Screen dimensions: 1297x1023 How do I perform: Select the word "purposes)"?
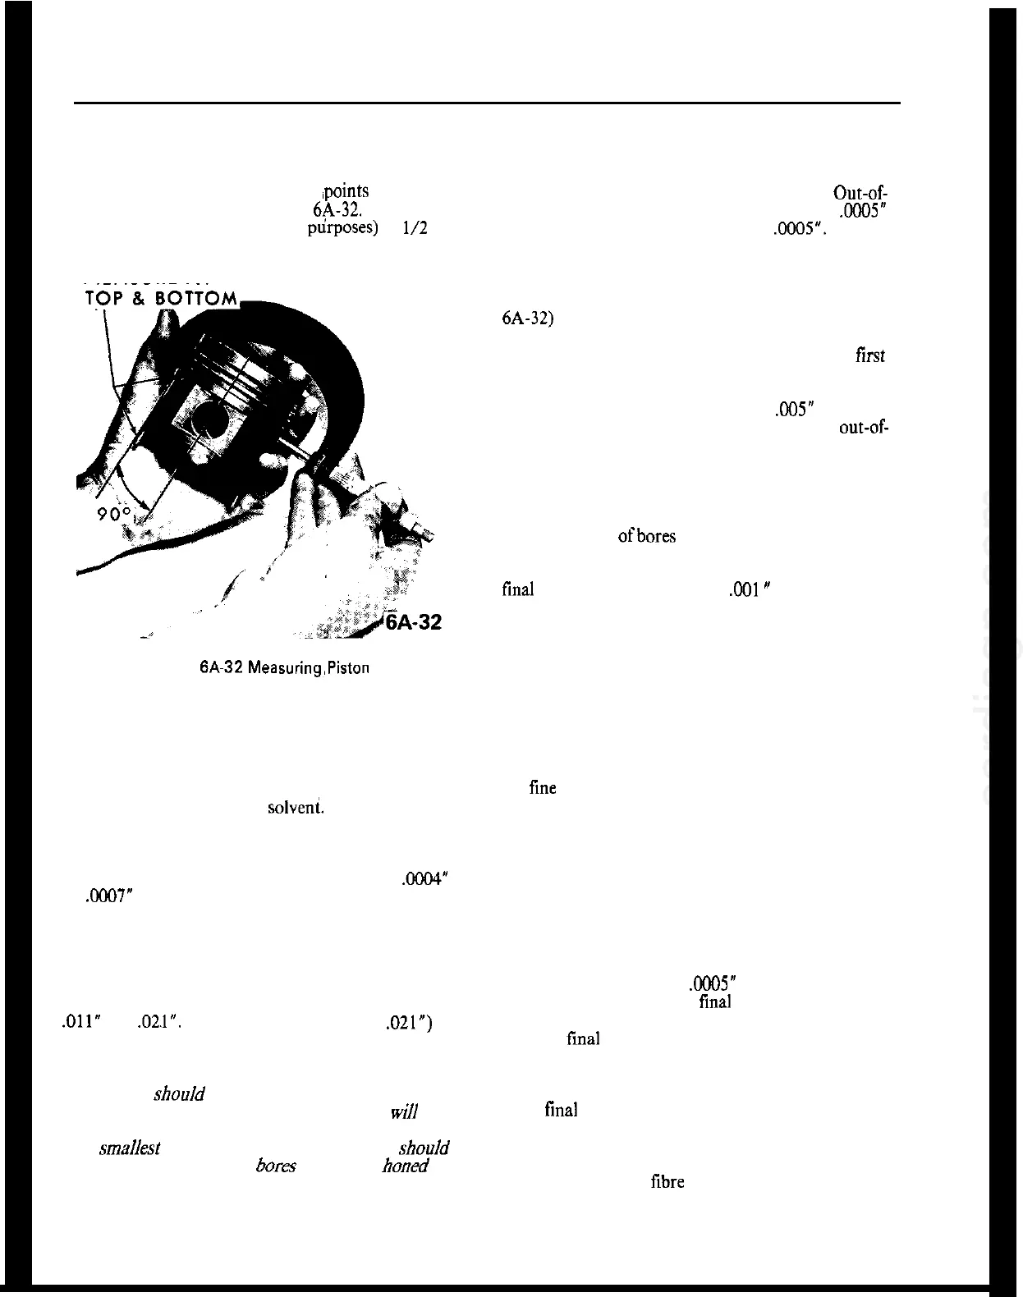(x=342, y=229)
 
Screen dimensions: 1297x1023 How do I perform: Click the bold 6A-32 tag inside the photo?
(x=413, y=622)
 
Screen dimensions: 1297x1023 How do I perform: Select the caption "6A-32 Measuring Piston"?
(x=284, y=668)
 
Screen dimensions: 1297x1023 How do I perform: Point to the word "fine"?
(x=543, y=788)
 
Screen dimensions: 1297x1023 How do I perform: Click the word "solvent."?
(x=296, y=808)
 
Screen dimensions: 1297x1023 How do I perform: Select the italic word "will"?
(x=404, y=1113)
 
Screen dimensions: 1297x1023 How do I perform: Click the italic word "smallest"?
(x=129, y=1148)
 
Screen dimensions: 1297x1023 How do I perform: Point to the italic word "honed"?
(x=405, y=1166)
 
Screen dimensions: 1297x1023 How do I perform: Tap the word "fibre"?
(x=667, y=1183)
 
